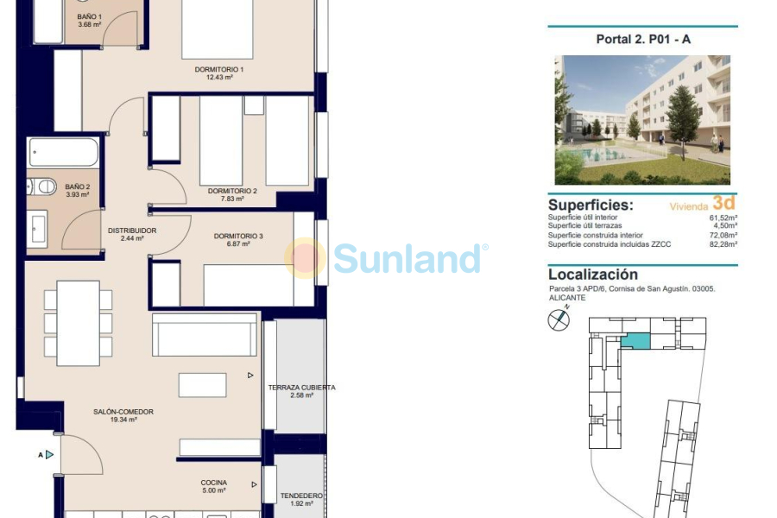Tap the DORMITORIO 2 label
point(232,191)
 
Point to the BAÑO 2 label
point(77,186)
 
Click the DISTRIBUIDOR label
point(132,231)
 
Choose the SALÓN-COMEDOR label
point(123,412)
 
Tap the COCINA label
point(213,483)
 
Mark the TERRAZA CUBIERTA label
point(301,388)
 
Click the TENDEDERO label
point(301,496)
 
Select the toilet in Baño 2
point(43,186)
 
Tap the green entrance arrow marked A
point(49,454)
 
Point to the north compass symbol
point(559,320)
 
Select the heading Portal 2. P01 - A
point(642,39)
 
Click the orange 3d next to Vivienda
point(723,203)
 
